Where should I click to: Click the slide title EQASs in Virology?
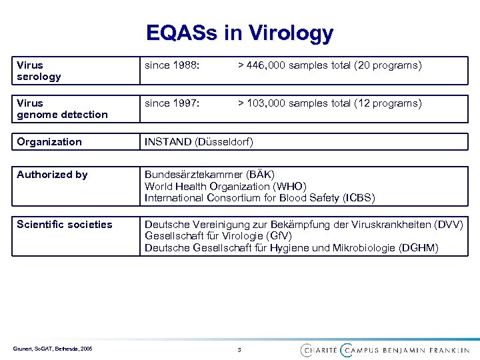240,33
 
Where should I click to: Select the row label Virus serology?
39,71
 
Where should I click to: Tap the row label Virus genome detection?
62,109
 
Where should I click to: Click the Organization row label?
49,141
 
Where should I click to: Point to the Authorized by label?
52,175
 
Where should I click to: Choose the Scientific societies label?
64,224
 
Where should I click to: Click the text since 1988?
173,65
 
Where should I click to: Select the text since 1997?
173,103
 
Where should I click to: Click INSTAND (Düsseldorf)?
199,141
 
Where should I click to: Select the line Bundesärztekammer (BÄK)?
209,175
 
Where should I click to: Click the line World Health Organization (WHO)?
225,186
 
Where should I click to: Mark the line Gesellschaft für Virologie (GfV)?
218,236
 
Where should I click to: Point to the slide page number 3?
239,349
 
